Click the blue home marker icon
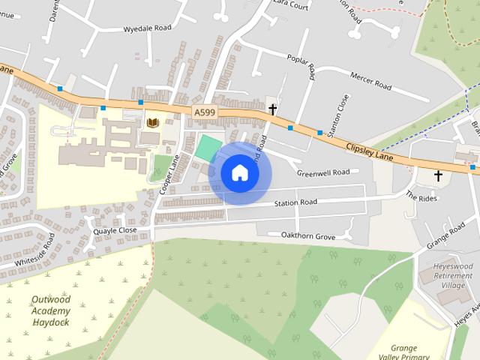[239, 173]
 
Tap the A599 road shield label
[204, 112]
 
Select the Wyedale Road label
[147, 28]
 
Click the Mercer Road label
[370, 81]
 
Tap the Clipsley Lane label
[371, 148]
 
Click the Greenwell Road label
[323, 172]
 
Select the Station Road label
[295, 202]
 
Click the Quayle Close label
[115, 231]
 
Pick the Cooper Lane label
[169, 175]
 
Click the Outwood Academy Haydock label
[51, 310]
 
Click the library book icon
[153, 122]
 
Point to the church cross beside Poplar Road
[272, 109]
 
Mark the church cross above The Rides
[438, 176]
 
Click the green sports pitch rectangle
[208, 147]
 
